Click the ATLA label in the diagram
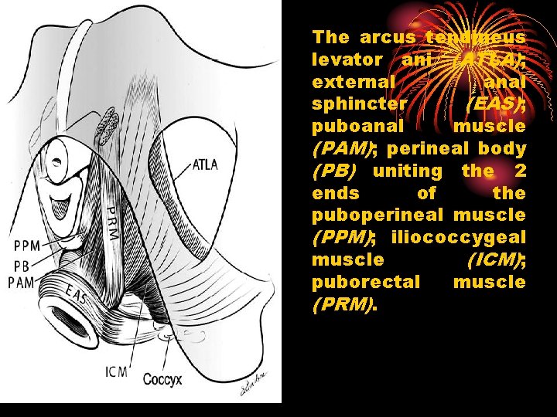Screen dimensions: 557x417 pos(205,164)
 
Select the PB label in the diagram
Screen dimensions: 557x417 pos(21,266)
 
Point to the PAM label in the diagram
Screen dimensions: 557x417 pos(21,283)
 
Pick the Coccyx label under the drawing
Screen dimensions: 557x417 pos(163,379)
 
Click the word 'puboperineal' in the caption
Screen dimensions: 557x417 pos(378,215)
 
